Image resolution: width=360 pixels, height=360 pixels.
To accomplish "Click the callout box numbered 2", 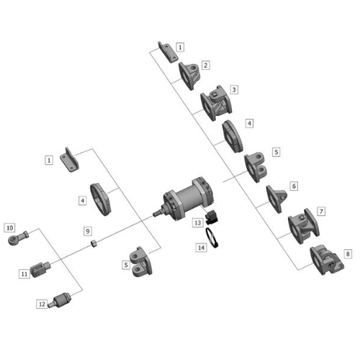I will tap(205, 66).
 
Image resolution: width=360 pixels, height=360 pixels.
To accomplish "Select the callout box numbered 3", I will tap(234, 90).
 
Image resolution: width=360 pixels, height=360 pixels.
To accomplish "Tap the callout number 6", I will tap(293, 186).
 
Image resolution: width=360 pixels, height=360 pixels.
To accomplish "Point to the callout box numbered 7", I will tap(320, 212).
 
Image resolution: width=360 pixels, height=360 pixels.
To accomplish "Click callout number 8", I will tap(348, 254).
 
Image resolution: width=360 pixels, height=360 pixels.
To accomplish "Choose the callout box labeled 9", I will tap(87, 231).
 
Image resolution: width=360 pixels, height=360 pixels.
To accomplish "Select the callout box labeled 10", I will tap(9, 228).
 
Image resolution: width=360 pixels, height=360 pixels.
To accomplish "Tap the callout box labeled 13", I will tap(197, 223).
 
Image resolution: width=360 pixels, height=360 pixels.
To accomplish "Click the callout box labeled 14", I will tap(201, 247).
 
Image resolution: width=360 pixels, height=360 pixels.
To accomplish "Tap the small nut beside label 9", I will tap(94, 244).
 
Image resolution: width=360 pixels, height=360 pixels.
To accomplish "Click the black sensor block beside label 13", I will tap(212, 216).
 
